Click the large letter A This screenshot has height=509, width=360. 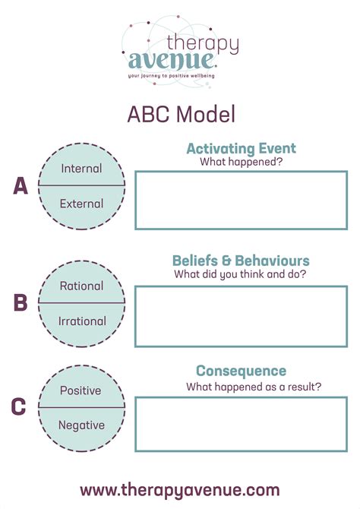click(x=21, y=186)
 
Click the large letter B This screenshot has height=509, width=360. click(x=21, y=303)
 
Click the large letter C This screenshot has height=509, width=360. click(x=19, y=407)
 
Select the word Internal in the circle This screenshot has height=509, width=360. click(x=82, y=169)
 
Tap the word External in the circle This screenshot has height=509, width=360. click(x=82, y=204)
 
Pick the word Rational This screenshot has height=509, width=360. click(x=82, y=286)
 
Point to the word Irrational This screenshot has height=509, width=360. click(x=82, y=321)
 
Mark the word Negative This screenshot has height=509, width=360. click(x=82, y=425)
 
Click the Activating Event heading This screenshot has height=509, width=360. click(x=241, y=148)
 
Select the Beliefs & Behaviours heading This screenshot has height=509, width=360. click(x=241, y=261)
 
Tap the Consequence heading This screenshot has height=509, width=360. click(x=241, y=371)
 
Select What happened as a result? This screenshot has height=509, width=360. click(x=254, y=386)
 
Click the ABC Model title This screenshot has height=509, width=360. click(x=181, y=114)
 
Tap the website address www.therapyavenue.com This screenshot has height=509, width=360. click(x=180, y=489)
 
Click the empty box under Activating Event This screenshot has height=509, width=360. click(x=241, y=200)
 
